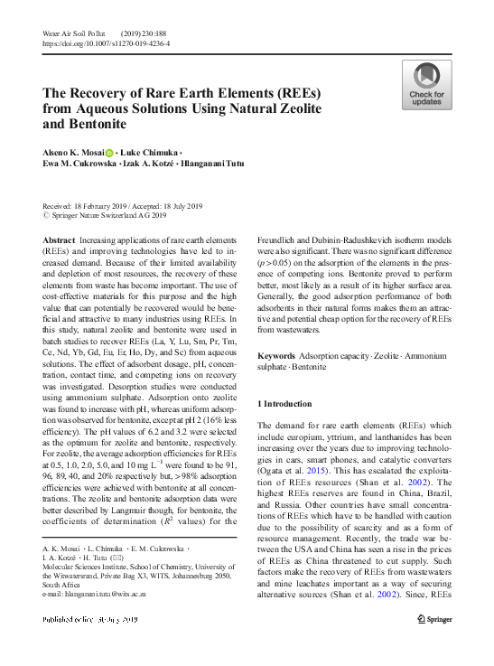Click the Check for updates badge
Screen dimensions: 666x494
tap(426, 85)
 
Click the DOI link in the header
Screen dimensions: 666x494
tap(106, 42)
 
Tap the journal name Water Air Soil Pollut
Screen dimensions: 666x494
tap(75, 33)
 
